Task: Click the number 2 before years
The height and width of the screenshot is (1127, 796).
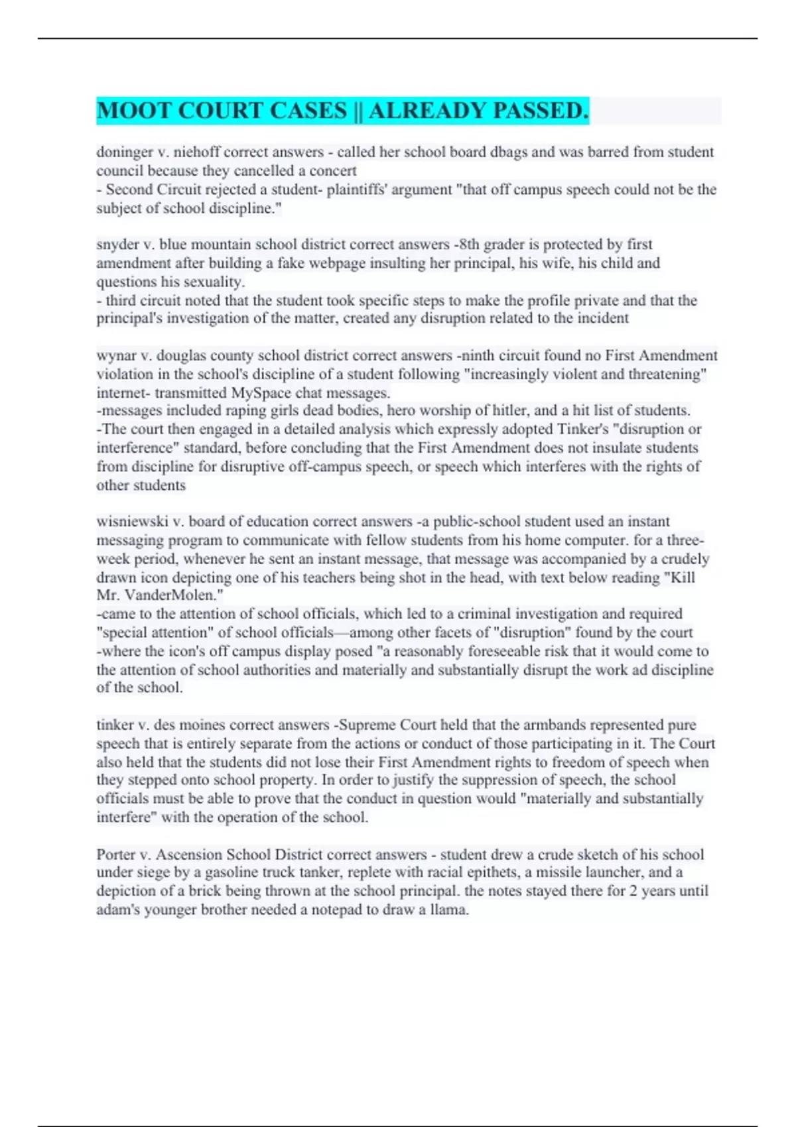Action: pos(633,891)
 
